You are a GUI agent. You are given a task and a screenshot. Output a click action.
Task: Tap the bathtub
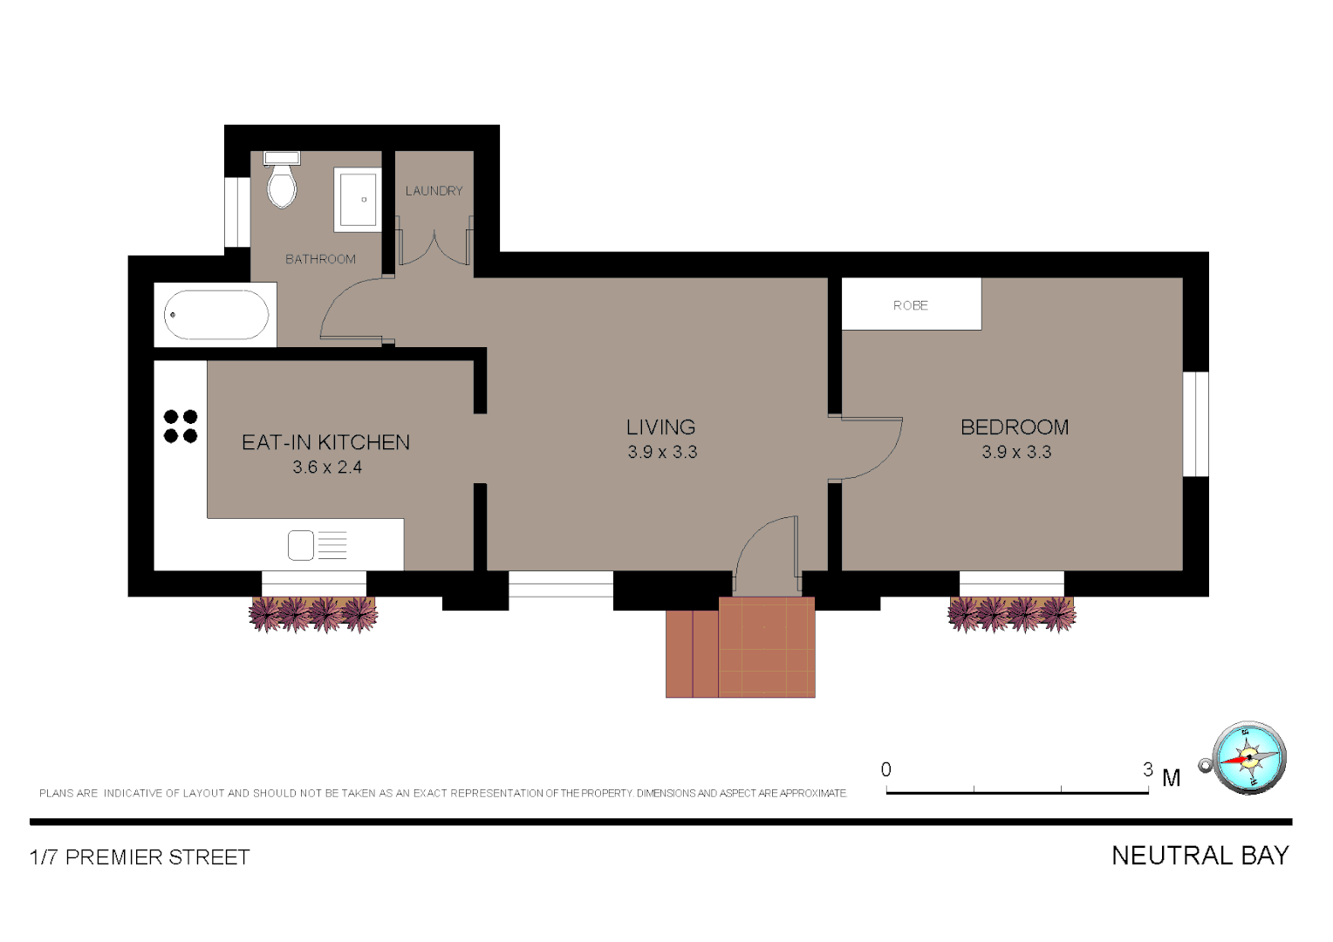216,315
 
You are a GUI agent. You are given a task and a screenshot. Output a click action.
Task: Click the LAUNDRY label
434,191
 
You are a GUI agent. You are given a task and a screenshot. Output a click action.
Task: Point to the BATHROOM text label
320,259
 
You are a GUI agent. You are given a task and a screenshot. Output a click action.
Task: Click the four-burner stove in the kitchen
181,427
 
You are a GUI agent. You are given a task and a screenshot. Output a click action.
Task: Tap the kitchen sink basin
301,545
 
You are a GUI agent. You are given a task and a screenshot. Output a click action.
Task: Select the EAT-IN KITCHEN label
325,442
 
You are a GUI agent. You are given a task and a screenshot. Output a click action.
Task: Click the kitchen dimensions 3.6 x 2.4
327,468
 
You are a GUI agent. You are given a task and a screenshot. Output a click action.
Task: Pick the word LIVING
660,427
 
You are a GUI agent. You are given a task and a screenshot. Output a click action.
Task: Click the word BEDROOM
1015,427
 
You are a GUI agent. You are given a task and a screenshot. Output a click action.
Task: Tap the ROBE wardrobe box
911,304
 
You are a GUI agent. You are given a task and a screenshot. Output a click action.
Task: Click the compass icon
1248,758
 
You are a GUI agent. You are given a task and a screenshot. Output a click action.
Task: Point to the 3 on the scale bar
1148,769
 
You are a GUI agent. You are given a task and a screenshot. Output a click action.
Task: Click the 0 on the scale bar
886,769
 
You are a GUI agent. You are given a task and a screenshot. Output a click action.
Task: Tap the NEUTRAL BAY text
1200,856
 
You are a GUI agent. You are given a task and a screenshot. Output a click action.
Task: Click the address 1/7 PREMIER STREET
140,857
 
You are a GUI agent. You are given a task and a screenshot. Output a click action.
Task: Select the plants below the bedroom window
1012,614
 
